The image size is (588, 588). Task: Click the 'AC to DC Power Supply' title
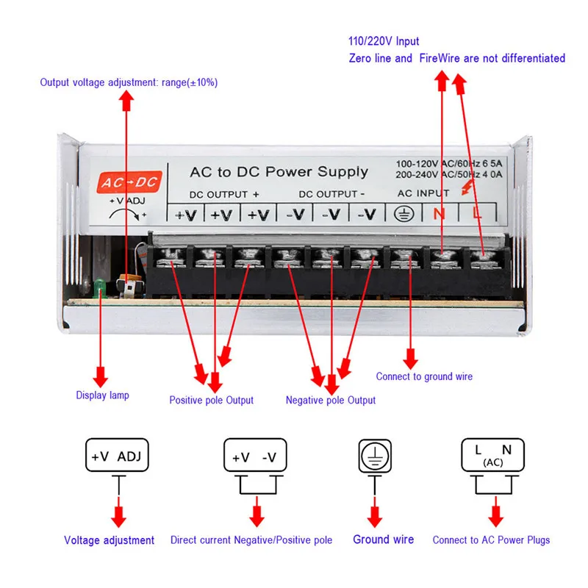[x=279, y=172]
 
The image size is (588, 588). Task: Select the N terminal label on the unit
[x=440, y=214]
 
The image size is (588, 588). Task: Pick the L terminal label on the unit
[x=477, y=214]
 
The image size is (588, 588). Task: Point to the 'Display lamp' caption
[x=103, y=395]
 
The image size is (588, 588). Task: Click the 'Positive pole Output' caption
[x=211, y=400]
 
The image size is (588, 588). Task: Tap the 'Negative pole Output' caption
[x=330, y=400]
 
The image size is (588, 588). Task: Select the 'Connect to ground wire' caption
[x=424, y=376]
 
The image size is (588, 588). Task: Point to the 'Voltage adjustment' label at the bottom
[x=109, y=540]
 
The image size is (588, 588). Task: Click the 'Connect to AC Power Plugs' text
[x=491, y=539]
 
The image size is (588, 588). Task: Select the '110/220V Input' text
[x=384, y=41]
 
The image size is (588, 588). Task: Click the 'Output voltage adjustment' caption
[x=129, y=82]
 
